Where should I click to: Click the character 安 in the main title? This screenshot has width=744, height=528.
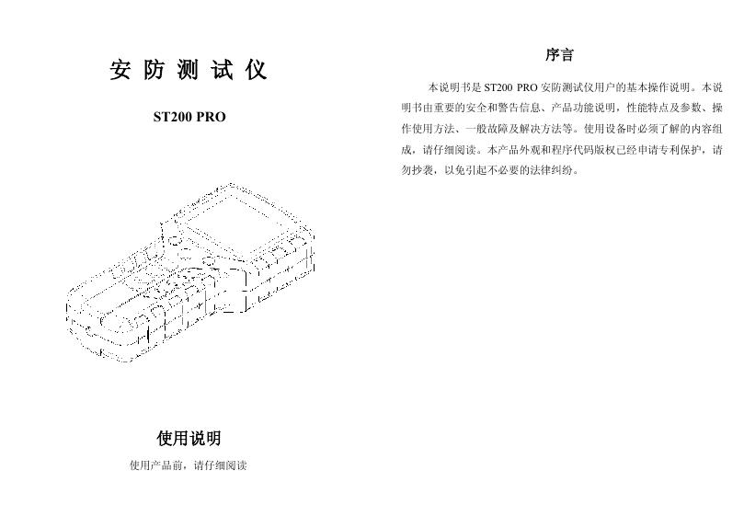click(x=120, y=71)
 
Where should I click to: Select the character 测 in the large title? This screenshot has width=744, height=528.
click(x=189, y=71)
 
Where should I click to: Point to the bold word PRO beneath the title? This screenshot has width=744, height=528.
click(x=211, y=119)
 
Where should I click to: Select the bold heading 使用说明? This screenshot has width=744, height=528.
click(x=189, y=438)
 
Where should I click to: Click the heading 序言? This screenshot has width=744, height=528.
click(x=560, y=56)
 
